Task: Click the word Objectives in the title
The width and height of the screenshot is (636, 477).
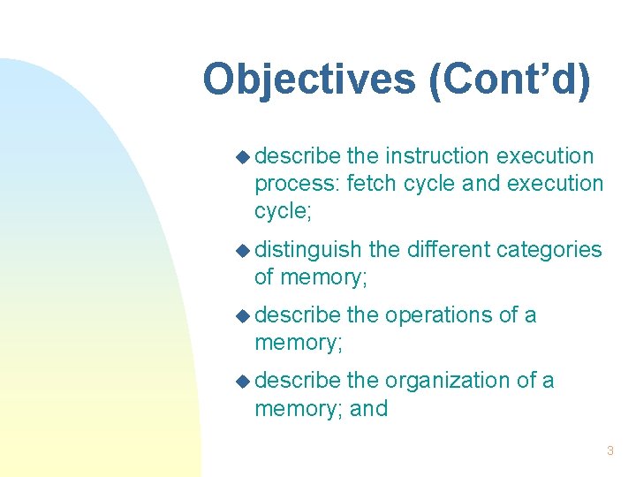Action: coord(310,79)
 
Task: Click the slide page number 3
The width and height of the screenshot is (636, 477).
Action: coord(609,451)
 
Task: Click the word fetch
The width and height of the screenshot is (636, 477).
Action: coord(371,184)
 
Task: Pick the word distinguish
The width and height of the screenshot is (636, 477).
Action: coord(308,250)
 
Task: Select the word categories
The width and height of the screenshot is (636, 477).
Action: coord(549,250)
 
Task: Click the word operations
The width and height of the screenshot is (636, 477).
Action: coord(436,315)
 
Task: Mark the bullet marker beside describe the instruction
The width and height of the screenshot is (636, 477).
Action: coord(243,157)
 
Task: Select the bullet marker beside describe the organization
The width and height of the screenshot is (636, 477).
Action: coord(243,382)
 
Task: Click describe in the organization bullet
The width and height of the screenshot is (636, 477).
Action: coord(298,381)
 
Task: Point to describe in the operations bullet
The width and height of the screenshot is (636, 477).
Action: coord(298,315)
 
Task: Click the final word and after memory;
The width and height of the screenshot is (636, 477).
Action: coord(369,409)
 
